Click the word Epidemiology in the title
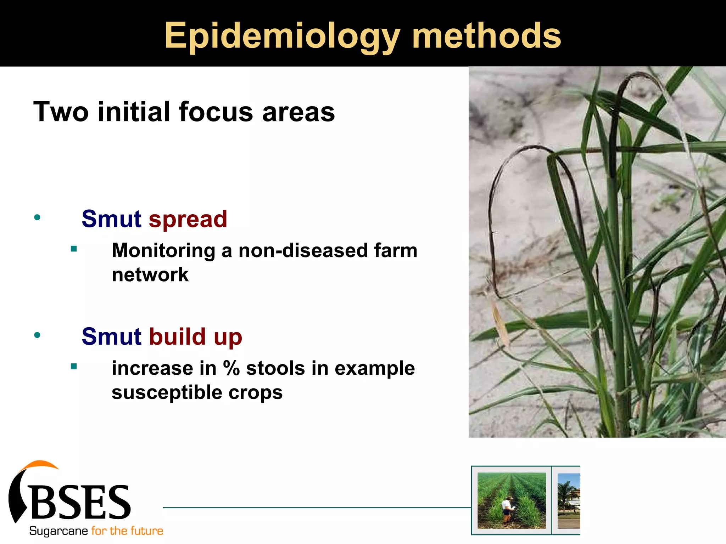[x=282, y=36]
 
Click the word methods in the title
[x=486, y=35]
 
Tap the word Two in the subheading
[x=61, y=112]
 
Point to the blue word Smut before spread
[x=111, y=219]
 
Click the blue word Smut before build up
[x=111, y=336]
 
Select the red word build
[x=177, y=336]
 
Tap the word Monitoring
[x=163, y=251]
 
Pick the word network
[x=150, y=275]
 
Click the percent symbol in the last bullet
[x=231, y=368]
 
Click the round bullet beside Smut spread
[x=37, y=217]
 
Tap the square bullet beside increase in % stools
[x=74, y=367]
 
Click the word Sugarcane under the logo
[x=58, y=531]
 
